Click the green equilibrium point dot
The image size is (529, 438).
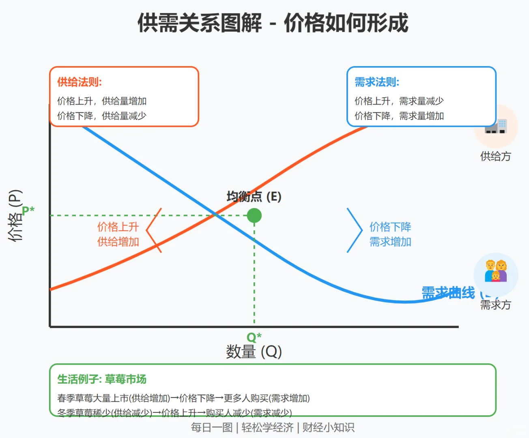[254, 215]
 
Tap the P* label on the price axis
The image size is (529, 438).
[28, 210]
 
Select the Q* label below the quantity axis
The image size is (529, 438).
[254, 337]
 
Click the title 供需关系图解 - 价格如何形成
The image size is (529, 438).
[273, 23]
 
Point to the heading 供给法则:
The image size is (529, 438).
[80, 82]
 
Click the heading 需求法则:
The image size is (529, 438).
[377, 82]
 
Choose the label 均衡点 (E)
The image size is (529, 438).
[254, 197]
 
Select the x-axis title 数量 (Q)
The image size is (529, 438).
[254, 352]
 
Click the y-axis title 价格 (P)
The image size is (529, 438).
[15, 215]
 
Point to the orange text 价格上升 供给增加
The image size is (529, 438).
[118, 234]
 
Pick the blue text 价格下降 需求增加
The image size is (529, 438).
[390, 234]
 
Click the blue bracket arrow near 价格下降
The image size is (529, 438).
[355, 230]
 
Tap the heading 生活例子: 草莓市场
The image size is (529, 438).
[102, 379]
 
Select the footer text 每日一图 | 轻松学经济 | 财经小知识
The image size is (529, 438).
[273, 427]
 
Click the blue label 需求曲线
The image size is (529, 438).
[448, 293]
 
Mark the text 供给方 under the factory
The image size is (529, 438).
[496, 157]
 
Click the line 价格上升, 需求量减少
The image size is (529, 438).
[399, 101]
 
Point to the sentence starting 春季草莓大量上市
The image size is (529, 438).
[183, 398]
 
